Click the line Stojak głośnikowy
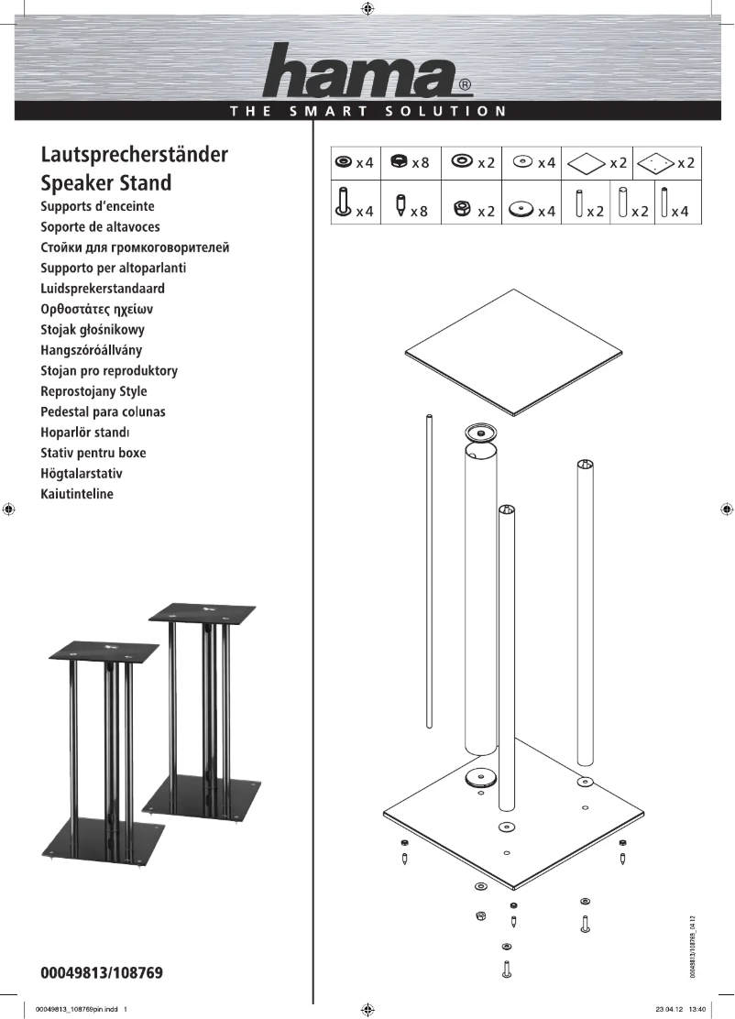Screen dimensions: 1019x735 [x=93, y=330]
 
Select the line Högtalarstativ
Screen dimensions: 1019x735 [x=82, y=474]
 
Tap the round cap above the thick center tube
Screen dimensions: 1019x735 [x=480, y=432]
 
